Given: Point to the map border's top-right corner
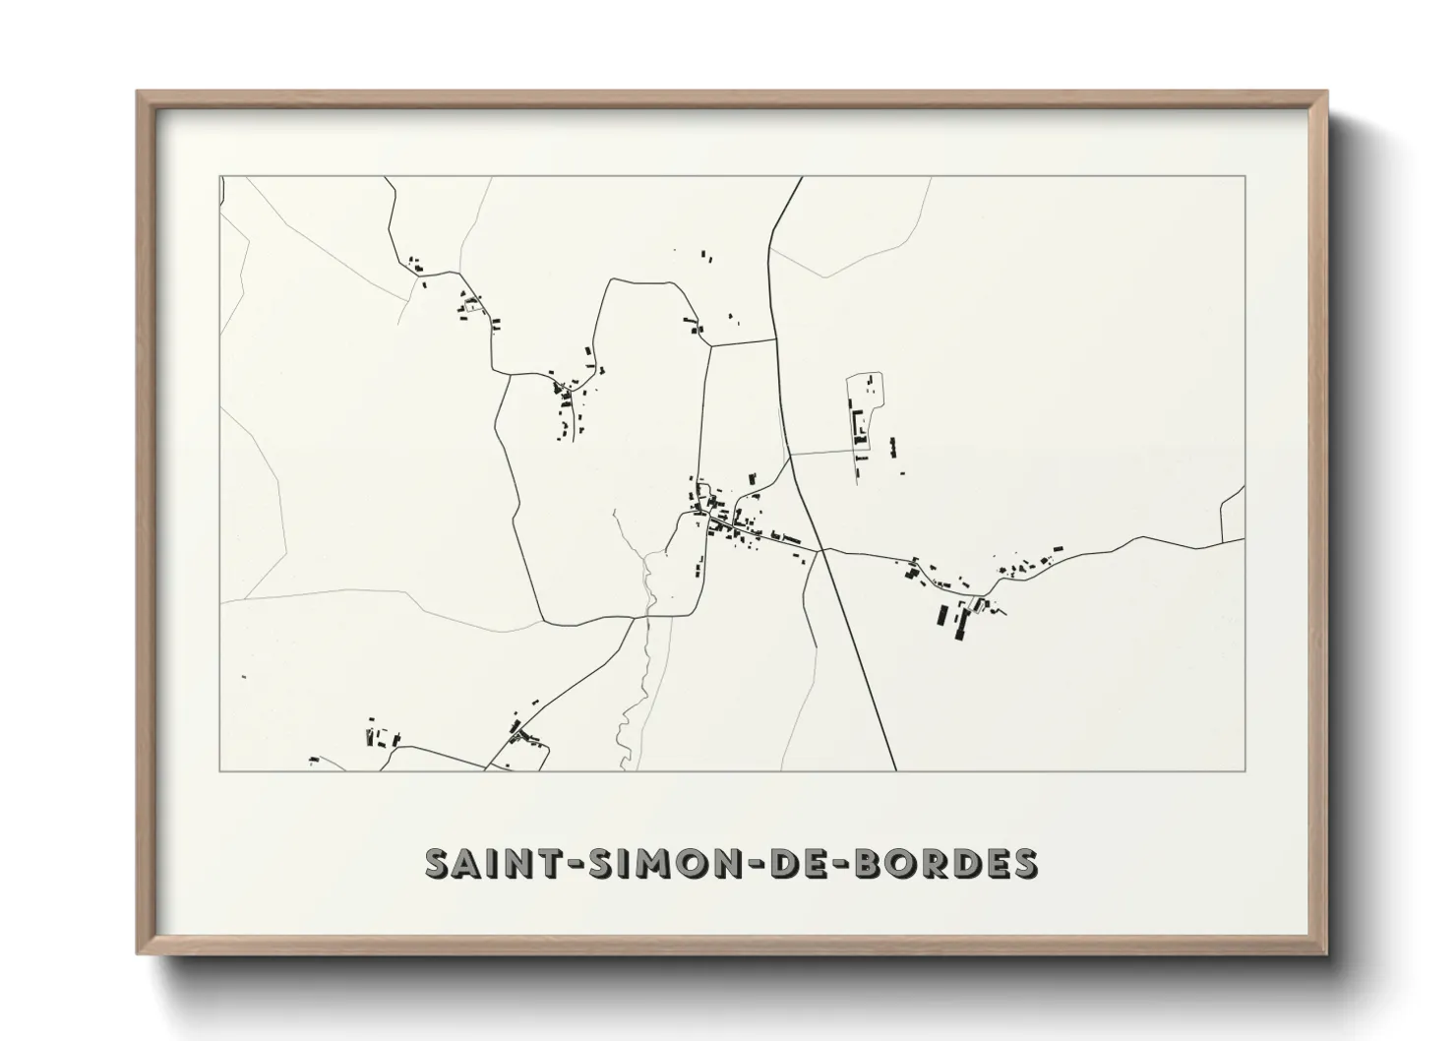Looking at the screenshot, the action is click(1245, 177).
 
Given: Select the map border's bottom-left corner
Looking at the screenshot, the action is click(220, 770).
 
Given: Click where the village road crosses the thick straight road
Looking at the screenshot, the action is click(822, 550).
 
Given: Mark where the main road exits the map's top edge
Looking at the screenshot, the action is click(801, 177).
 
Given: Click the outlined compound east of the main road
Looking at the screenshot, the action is click(865, 413).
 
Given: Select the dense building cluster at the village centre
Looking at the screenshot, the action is click(728, 519).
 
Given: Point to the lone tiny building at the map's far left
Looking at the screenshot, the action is click(244, 676).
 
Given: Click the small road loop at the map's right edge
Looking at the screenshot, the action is click(1233, 517).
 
